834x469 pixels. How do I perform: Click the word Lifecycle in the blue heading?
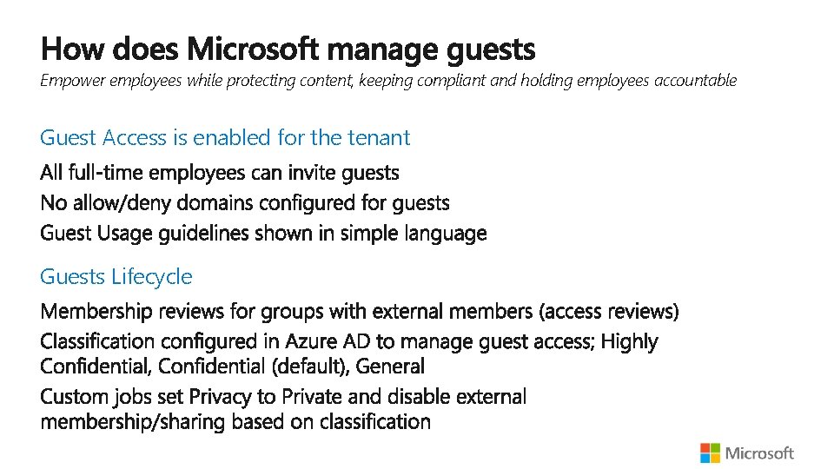point(153,277)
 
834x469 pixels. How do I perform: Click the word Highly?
point(629,341)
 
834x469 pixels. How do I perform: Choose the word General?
point(391,367)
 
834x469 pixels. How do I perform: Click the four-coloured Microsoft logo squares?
point(710,452)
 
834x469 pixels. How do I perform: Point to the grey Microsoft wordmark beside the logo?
point(759,452)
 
